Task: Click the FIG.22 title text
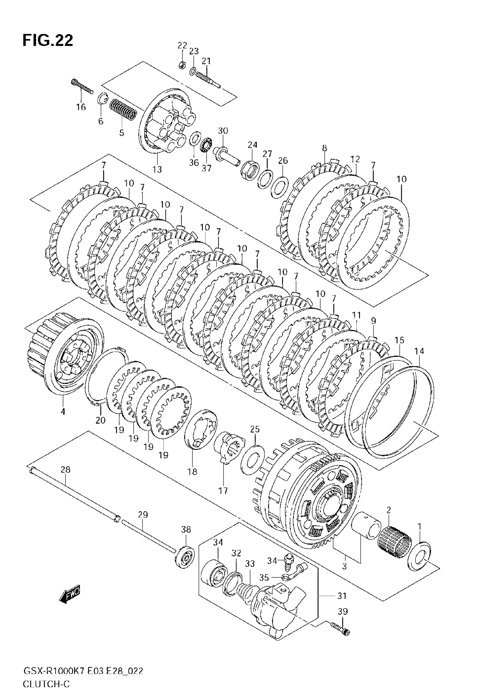click(x=48, y=41)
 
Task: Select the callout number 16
click(x=81, y=107)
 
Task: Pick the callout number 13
click(x=157, y=169)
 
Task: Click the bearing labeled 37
click(x=206, y=145)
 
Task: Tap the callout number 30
click(x=223, y=131)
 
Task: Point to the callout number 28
click(x=65, y=470)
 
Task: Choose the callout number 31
click(x=342, y=596)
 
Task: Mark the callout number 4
click(x=63, y=411)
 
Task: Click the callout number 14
click(x=419, y=351)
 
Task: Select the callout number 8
click(x=324, y=148)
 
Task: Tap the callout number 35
click(x=264, y=578)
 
